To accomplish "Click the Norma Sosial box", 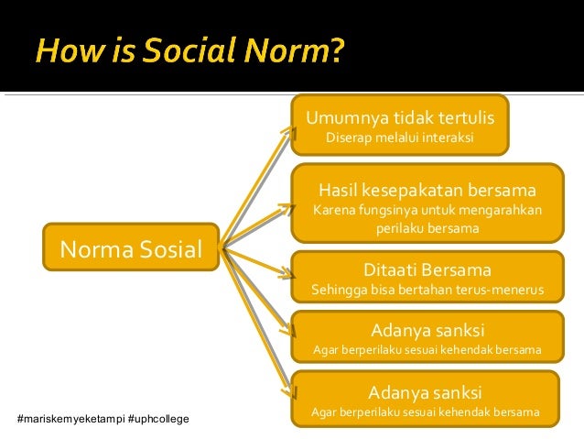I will [131, 247].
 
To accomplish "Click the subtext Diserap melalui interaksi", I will [399, 138].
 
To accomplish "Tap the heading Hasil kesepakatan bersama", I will [427, 191].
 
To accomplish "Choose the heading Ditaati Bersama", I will [427, 270].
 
